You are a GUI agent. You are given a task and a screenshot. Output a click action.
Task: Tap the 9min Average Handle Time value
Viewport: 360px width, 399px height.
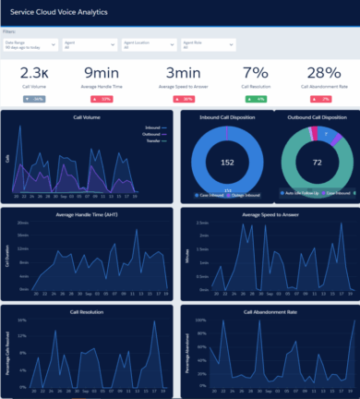102,73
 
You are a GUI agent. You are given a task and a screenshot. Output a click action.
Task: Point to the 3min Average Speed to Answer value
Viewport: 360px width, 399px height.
180,73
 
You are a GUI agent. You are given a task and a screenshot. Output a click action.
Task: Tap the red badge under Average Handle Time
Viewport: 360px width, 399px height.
102,98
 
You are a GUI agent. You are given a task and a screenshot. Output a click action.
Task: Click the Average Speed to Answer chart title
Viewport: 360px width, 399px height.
269,215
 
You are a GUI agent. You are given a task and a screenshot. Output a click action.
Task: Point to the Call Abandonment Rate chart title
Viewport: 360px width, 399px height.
269,312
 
